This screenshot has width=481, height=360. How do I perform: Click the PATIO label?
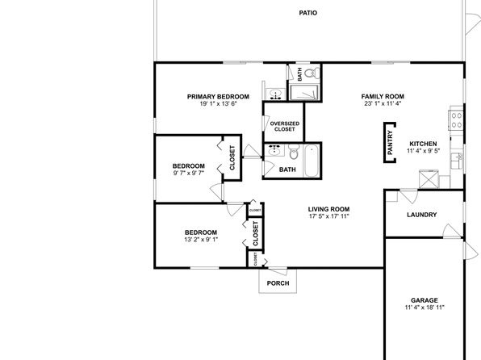point(308,13)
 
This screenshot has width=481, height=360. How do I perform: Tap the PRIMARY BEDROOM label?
point(218,97)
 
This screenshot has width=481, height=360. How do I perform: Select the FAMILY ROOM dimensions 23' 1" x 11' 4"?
point(383,103)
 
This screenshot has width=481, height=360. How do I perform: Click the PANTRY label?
point(390,142)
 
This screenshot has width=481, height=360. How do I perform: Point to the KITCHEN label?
point(423,144)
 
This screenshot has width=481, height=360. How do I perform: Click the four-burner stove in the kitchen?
point(456,120)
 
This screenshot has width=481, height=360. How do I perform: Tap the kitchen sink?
point(457,161)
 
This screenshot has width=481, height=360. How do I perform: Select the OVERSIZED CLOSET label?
point(284,126)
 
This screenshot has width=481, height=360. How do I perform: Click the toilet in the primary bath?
point(313,73)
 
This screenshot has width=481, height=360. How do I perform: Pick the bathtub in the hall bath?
point(312,161)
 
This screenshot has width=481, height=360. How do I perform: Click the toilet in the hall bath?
point(294,152)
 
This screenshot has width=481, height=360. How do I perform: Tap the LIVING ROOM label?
point(328,209)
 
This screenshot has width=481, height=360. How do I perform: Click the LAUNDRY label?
point(421,215)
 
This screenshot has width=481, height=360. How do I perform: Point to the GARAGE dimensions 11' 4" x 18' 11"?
point(425,308)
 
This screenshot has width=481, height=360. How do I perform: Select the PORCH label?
point(278,283)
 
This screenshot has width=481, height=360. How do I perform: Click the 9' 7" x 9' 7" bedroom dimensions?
point(188,173)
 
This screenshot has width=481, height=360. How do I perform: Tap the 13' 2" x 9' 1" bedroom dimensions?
point(201,240)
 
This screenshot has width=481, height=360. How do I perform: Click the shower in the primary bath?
point(303,92)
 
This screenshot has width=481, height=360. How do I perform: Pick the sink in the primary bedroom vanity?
point(275,94)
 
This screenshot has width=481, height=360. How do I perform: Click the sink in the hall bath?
point(274,150)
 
